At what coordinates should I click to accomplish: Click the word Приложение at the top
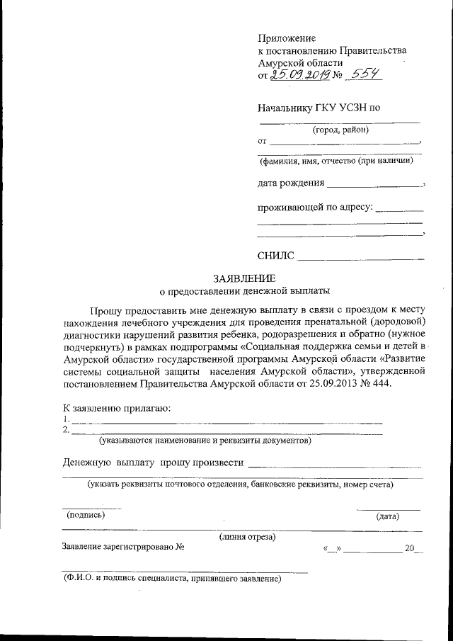pos(287,38)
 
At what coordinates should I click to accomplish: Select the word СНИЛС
pos(276,255)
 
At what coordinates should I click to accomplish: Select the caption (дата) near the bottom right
pos(387,516)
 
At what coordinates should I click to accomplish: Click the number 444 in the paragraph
pos(379,383)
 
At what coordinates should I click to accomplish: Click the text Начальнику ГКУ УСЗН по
pos(319,108)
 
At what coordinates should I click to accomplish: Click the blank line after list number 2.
pos(226,432)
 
